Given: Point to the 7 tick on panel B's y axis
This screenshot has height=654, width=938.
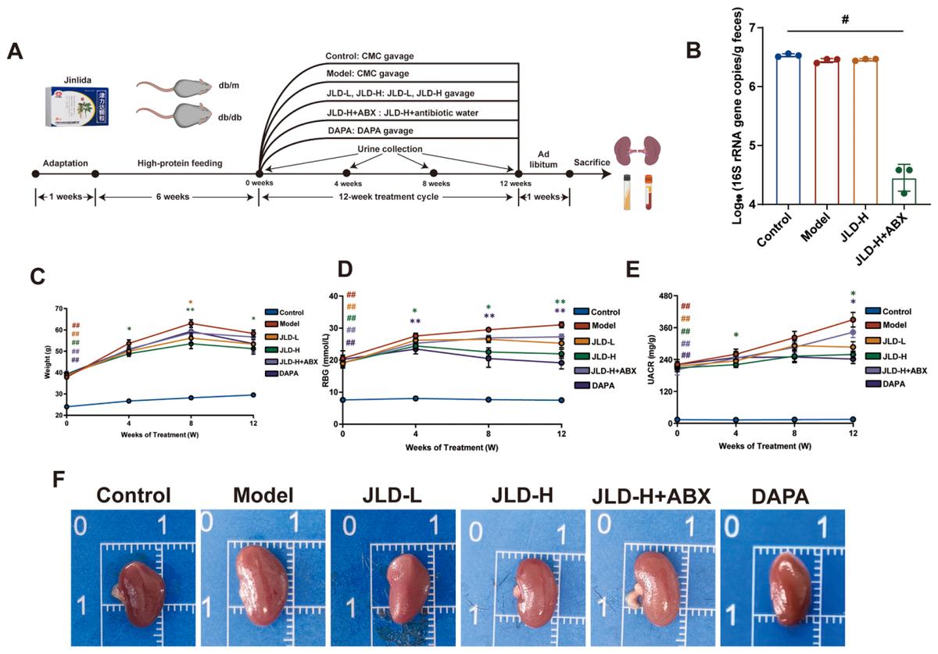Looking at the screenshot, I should tap(752, 28).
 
